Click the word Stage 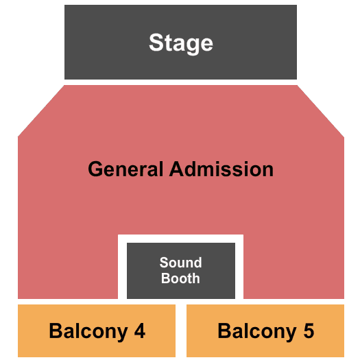coord(181,43)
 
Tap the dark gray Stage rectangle coord(180,42)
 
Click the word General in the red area coord(125,169)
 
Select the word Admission coord(221,169)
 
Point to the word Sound coord(181,263)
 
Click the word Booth coord(180,278)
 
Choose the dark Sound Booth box coord(181,271)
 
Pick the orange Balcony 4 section coord(97,331)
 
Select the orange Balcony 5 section coord(265,331)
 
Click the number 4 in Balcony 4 coord(140,331)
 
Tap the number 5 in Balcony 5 coord(309,331)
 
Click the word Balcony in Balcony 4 coord(88,332)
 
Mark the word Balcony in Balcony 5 coord(257,332)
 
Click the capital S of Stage coord(156,43)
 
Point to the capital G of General coord(95,169)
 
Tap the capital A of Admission coord(178,169)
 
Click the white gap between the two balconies coord(181,331)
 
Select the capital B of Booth coord(165,278)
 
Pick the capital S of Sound coord(164,263)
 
